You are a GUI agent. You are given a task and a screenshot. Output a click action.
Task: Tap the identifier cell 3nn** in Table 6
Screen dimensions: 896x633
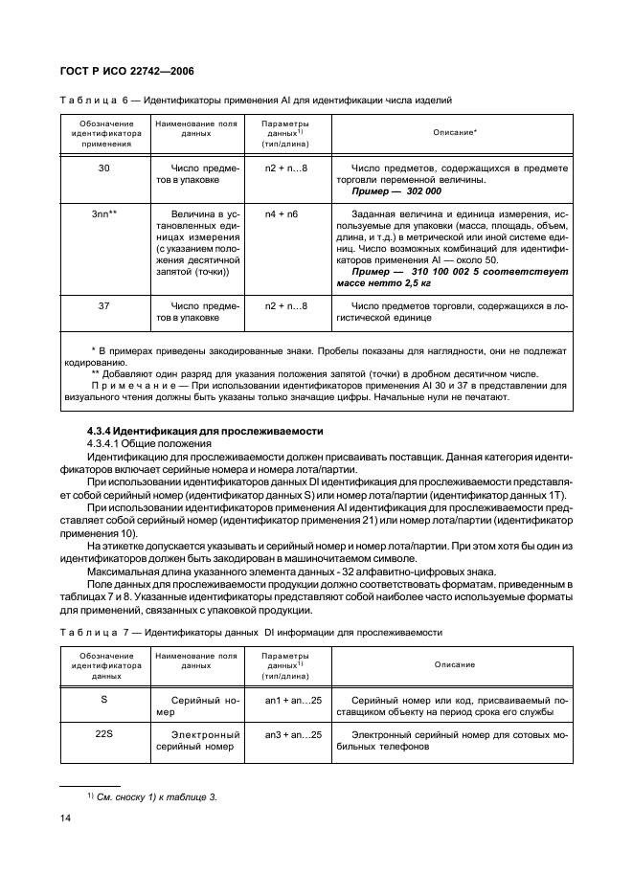tap(104, 214)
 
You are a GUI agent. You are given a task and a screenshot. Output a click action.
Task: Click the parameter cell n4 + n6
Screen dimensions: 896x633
tap(284, 214)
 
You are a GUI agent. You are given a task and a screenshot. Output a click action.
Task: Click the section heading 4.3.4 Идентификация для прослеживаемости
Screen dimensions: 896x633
tap(205, 431)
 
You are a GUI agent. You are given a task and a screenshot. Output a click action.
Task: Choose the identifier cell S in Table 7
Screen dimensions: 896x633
tap(104, 701)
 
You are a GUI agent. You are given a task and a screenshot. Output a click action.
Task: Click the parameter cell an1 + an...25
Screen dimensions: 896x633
tap(294, 701)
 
